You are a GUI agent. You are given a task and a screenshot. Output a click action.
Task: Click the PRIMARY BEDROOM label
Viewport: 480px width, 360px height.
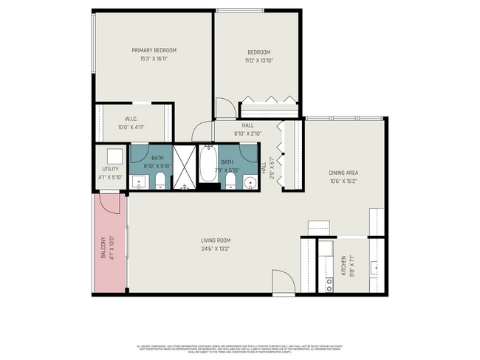point(154,50)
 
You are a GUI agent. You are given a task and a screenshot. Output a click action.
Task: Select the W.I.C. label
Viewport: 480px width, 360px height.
point(131,119)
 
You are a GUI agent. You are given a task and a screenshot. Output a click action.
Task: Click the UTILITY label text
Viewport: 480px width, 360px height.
point(110,169)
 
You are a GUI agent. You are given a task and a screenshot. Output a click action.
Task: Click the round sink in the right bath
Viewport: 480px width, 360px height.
point(250,181)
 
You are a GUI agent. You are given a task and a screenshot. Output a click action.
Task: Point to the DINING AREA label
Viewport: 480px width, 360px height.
point(343,173)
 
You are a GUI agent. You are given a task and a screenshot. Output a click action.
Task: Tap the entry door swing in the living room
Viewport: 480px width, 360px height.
point(282,283)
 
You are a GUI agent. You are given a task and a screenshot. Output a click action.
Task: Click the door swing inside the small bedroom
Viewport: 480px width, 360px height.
point(222,109)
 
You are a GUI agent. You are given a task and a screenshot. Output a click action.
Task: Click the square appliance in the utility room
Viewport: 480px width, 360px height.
point(114,156)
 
